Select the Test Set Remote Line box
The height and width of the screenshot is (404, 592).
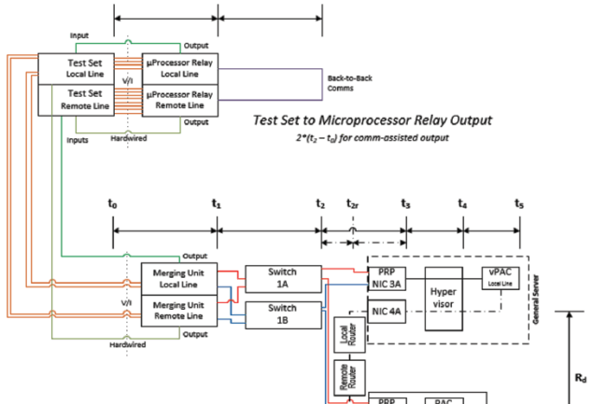click(74, 99)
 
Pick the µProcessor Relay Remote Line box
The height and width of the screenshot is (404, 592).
click(178, 99)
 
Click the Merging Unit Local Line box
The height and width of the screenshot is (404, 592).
click(178, 277)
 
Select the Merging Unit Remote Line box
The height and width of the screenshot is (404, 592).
click(178, 309)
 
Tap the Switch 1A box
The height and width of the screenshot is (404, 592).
click(280, 278)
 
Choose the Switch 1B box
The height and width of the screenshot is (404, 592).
click(280, 313)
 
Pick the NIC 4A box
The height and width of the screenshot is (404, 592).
click(387, 313)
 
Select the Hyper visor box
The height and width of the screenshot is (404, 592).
click(444, 299)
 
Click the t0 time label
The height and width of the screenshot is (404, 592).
click(112, 202)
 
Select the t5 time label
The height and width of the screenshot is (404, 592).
click(519, 202)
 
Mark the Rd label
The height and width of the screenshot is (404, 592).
click(580, 377)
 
